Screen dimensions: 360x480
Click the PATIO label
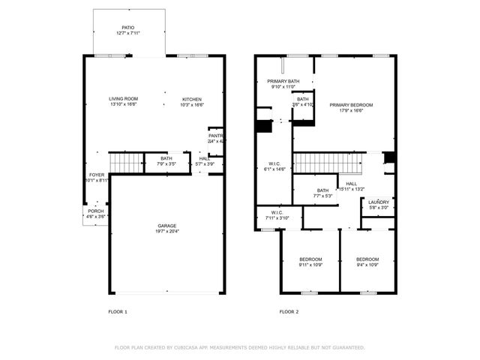128,26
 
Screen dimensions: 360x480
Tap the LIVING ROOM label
123,99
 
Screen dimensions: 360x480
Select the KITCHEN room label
191,99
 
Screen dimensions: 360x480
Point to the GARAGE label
167,225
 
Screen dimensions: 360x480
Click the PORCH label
96,211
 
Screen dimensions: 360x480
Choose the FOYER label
97,175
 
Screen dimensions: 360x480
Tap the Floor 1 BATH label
166,157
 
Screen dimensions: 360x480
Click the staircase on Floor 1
125,161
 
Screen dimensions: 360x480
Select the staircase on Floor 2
323,161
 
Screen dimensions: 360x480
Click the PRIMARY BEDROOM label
350,105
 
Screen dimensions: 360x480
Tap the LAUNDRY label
378,202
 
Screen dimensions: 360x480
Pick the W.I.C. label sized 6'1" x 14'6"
274,163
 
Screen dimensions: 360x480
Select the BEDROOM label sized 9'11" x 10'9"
310,259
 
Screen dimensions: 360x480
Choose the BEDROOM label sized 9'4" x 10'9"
367,259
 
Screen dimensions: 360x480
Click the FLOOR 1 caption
118,311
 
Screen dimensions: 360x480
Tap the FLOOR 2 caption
289,311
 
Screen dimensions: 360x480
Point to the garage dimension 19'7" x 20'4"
167,230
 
